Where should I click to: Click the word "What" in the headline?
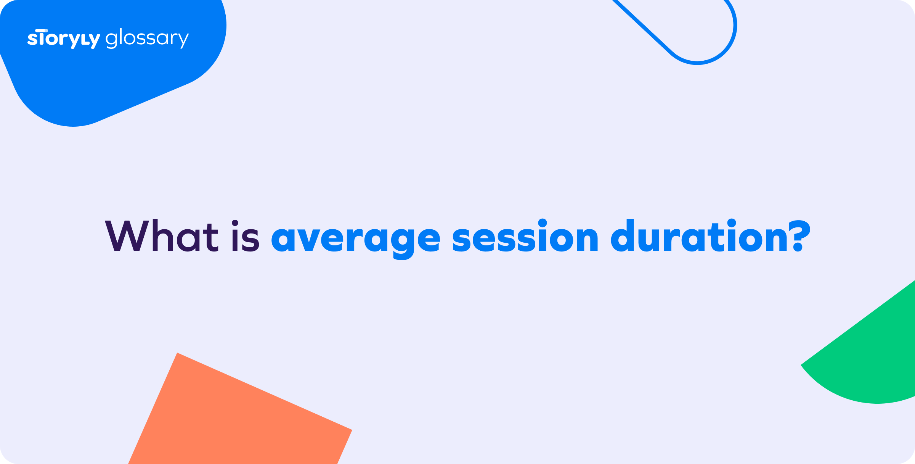162,237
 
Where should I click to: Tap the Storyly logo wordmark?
64,39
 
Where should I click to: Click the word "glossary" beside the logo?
147,39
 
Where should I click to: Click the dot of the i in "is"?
235,224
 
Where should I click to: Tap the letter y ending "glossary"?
183,40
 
